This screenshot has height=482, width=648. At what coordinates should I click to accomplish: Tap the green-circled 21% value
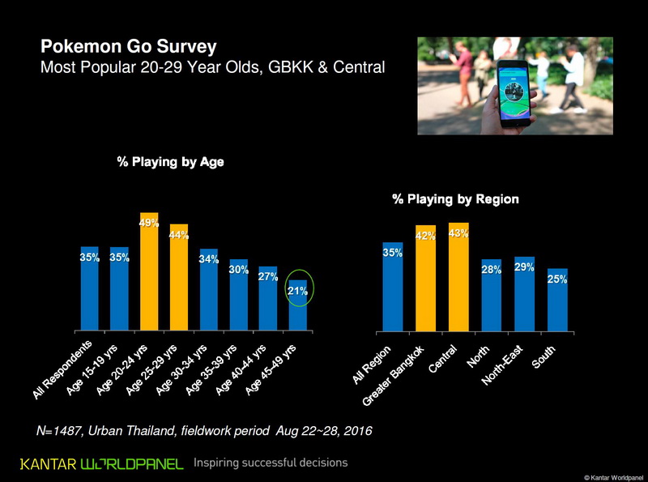[298, 290]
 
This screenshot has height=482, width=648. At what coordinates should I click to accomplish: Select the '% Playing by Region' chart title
[455, 198]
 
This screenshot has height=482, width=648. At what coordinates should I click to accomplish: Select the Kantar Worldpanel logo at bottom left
[102, 463]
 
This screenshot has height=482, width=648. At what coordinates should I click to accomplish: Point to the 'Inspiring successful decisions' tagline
[271, 463]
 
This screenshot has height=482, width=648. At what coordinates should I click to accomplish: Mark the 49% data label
[149, 223]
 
